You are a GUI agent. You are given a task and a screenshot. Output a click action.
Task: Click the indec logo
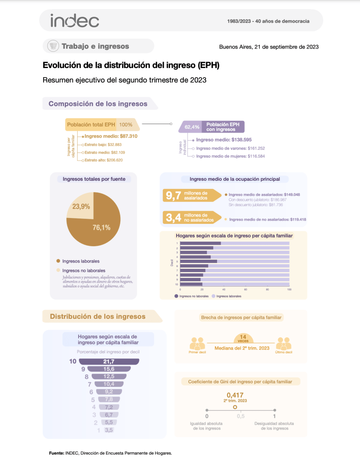click(x=74, y=20)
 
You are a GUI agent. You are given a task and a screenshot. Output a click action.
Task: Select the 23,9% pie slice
click(x=80, y=206)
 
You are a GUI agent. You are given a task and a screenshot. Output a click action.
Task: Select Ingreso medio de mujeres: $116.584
click(x=230, y=156)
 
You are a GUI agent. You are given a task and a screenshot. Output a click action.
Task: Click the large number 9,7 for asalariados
click(x=173, y=195)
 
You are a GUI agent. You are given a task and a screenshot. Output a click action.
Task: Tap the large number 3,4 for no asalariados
click(x=173, y=218)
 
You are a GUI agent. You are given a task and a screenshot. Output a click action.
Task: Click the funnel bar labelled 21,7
click(x=109, y=361)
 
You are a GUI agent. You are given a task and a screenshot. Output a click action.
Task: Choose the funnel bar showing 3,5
click(x=108, y=430)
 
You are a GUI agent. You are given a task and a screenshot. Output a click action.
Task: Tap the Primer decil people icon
click(x=197, y=343)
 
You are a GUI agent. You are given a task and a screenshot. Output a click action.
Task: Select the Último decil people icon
click(x=283, y=343)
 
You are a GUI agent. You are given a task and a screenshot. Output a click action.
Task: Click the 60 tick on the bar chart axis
click(x=246, y=289)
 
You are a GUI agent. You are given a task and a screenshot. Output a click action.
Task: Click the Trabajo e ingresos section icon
click(x=54, y=46)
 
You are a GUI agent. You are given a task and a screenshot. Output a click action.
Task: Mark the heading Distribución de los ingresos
click(x=98, y=317)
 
